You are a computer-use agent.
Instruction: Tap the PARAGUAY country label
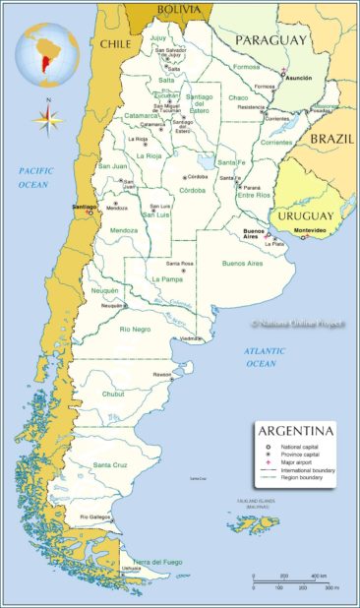click(271, 39)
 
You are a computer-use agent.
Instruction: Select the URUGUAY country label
click(303, 214)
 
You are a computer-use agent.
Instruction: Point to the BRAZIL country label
click(331, 140)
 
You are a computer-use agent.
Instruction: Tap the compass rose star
click(45, 120)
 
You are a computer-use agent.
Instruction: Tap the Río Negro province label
click(134, 329)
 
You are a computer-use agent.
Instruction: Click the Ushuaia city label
click(131, 568)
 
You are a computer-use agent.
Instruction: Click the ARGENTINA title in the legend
click(294, 432)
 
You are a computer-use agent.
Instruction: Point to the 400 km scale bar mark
click(319, 577)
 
